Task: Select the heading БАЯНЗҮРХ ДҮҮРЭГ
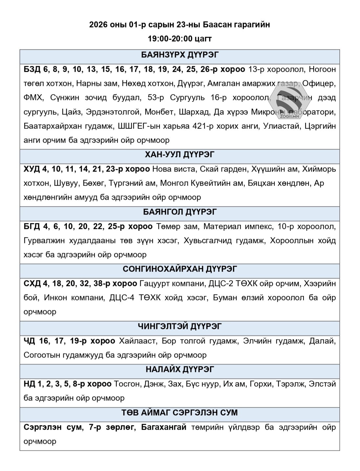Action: click(180, 55)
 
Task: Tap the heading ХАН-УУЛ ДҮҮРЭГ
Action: click(180, 154)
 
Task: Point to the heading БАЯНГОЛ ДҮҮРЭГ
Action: click(180, 212)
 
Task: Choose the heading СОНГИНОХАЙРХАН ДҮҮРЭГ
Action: click(180, 269)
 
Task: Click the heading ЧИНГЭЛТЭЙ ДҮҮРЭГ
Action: click(180, 326)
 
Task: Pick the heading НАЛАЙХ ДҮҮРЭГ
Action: click(180, 369)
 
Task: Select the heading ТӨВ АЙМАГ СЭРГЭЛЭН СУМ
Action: click(180, 413)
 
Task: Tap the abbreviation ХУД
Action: click(31, 169)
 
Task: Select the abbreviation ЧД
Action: click(29, 341)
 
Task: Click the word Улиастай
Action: click(281, 126)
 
